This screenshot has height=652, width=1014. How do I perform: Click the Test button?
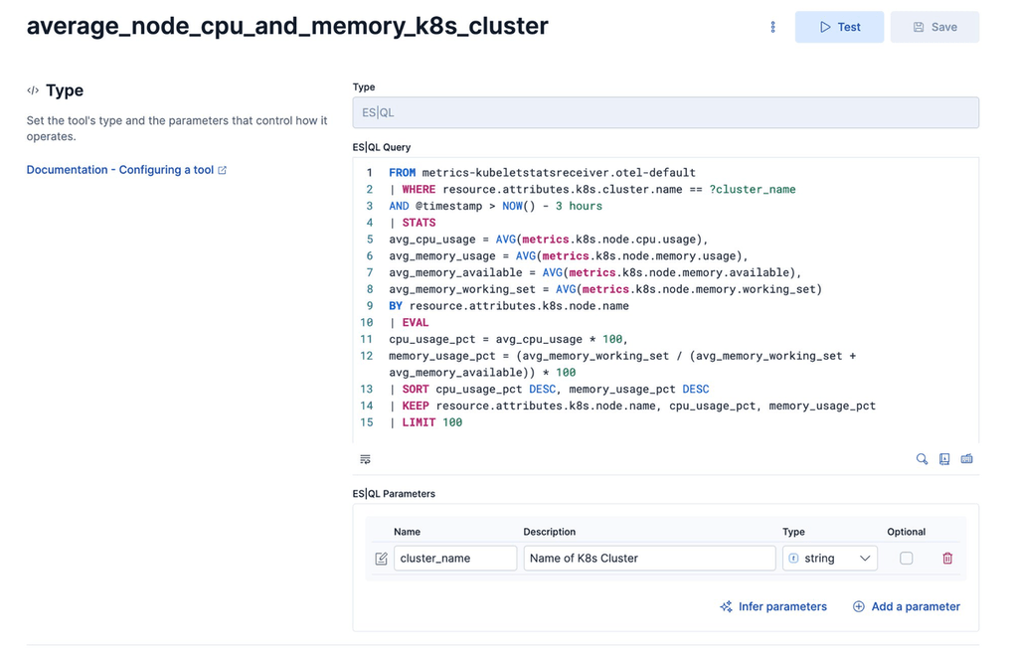click(x=839, y=27)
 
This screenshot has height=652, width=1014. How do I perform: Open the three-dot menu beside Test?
click(x=772, y=27)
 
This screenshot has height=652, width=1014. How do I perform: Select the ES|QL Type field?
click(x=665, y=112)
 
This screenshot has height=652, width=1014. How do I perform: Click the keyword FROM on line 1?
click(x=402, y=173)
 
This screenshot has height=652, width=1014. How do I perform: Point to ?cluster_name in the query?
click(x=752, y=189)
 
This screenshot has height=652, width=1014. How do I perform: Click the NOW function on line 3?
click(x=512, y=206)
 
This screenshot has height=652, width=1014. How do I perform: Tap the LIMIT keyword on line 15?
click(x=419, y=422)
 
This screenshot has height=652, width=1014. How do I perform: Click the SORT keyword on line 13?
click(x=415, y=389)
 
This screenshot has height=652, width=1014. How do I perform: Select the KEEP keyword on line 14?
click(x=415, y=406)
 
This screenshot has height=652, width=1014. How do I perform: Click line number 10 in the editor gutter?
click(x=367, y=322)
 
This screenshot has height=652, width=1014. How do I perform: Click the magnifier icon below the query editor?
click(x=922, y=459)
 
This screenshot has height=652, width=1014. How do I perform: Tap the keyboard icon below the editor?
click(x=966, y=459)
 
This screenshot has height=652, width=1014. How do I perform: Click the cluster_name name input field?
click(x=454, y=559)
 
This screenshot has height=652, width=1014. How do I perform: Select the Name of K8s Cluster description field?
click(x=648, y=559)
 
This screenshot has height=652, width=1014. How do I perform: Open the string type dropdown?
click(x=829, y=559)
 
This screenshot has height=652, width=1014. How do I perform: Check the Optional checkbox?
click(x=906, y=559)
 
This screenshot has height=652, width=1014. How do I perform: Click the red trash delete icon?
click(x=947, y=559)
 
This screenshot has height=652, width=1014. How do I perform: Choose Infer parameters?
click(x=772, y=606)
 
